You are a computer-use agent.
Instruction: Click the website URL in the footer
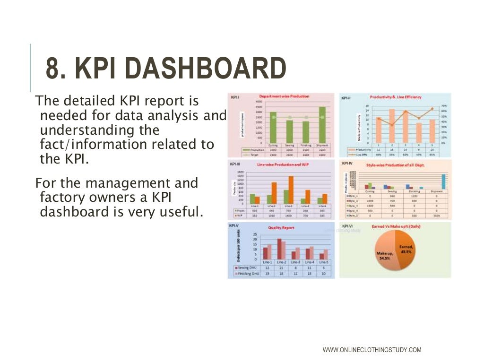(372, 350)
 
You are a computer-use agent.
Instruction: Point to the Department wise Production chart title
(284, 96)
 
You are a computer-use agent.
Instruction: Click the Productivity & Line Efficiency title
(395, 97)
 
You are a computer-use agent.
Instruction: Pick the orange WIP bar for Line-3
(291, 189)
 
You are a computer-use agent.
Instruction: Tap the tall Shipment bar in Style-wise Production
(443, 181)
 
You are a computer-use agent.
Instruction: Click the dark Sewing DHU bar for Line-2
(279, 249)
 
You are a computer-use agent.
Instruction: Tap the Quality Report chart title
(281, 228)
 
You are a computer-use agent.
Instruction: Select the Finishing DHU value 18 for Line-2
(281, 273)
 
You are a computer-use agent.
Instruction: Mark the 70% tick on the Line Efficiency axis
(443, 106)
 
